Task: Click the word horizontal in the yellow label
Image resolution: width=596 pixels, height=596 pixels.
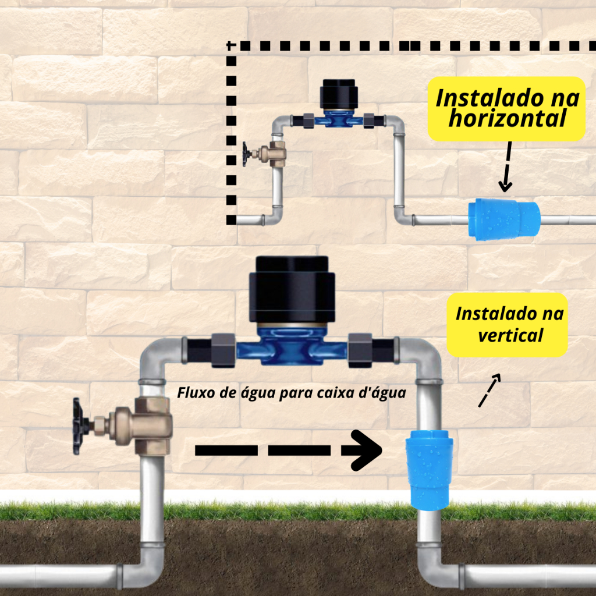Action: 508,119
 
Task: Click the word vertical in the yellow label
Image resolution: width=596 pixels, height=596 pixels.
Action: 510,335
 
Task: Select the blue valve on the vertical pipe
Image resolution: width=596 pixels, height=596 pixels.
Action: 429,471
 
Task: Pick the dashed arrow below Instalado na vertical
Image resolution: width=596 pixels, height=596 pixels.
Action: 489,391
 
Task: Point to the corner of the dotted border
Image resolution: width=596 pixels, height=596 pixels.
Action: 232,45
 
